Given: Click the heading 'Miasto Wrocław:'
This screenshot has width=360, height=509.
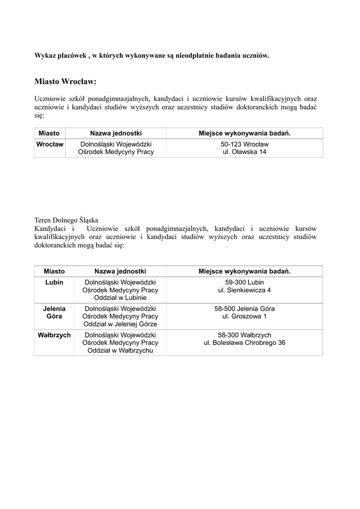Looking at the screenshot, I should [x=65, y=81].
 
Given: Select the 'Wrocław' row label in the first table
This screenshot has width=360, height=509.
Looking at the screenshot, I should [x=50, y=144].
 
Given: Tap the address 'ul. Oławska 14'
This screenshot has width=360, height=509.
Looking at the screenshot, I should [x=244, y=152].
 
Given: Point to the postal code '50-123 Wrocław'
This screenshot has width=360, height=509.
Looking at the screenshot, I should [x=244, y=144].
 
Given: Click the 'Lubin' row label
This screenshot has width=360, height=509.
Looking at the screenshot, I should [x=54, y=282].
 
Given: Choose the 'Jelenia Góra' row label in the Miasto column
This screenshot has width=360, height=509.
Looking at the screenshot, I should [x=54, y=312].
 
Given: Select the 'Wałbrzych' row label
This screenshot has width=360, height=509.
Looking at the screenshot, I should [x=54, y=335].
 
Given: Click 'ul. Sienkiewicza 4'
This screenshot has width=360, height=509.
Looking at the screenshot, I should [x=244, y=290].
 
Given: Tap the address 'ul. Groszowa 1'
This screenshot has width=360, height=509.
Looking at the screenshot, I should [x=244, y=316].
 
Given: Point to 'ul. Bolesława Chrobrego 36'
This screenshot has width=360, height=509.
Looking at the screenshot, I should [x=244, y=343].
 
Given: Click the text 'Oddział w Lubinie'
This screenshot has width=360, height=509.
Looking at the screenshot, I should [x=120, y=298].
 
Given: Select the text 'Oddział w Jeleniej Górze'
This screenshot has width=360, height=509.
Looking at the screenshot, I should [x=120, y=324].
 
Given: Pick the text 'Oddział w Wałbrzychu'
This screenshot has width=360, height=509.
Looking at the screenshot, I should [x=120, y=350].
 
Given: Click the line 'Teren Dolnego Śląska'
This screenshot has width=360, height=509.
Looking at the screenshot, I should [x=66, y=220].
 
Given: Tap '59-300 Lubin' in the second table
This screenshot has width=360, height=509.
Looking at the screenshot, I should [x=244, y=282].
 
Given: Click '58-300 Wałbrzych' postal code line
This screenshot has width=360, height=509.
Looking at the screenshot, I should [x=244, y=335].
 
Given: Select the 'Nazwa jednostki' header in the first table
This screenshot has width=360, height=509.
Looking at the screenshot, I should [x=116, y=133].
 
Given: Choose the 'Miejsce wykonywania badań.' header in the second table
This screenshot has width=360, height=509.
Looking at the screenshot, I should [x=244, y=271].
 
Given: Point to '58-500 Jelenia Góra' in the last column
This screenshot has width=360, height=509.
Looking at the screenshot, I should [x=244, y=309].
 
